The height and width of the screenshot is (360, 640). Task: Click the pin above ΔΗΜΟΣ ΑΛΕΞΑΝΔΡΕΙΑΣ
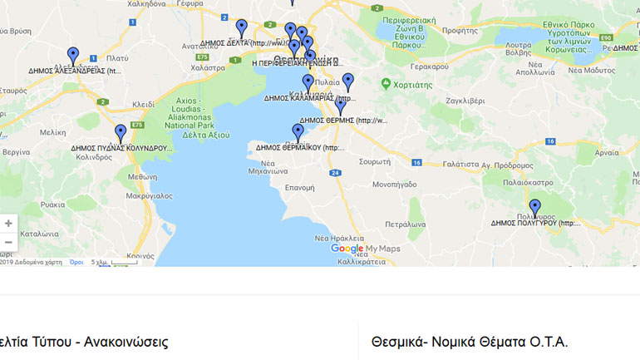73,56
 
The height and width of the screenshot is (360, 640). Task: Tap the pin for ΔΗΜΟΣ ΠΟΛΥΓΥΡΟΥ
534,208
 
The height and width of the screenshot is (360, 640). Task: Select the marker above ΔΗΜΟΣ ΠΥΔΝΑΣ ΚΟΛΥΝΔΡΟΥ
121,133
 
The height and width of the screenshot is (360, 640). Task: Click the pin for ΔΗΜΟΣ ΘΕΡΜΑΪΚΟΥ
298,132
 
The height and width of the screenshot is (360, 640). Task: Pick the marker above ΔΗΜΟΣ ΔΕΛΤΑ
242,27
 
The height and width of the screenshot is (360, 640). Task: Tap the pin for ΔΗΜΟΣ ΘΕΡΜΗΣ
340,106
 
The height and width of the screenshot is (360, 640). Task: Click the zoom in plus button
8,223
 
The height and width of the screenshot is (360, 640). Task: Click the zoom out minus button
8,242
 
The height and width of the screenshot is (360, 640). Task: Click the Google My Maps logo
366,249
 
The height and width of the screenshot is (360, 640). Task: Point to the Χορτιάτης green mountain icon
386,84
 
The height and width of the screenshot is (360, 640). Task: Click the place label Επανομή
299,188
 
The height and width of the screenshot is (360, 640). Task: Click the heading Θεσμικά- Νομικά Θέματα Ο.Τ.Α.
470,342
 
